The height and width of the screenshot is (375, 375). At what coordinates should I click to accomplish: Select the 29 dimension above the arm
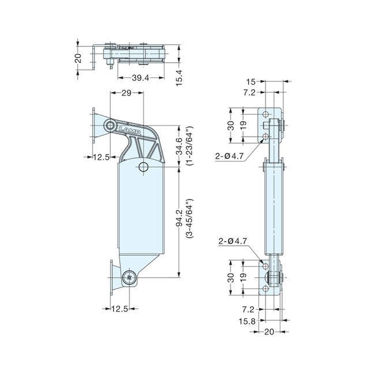point(127,93)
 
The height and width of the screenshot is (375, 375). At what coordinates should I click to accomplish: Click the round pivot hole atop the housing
point(144,166)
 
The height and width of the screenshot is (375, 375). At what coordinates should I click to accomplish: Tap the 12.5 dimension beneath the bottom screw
point(120,309)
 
